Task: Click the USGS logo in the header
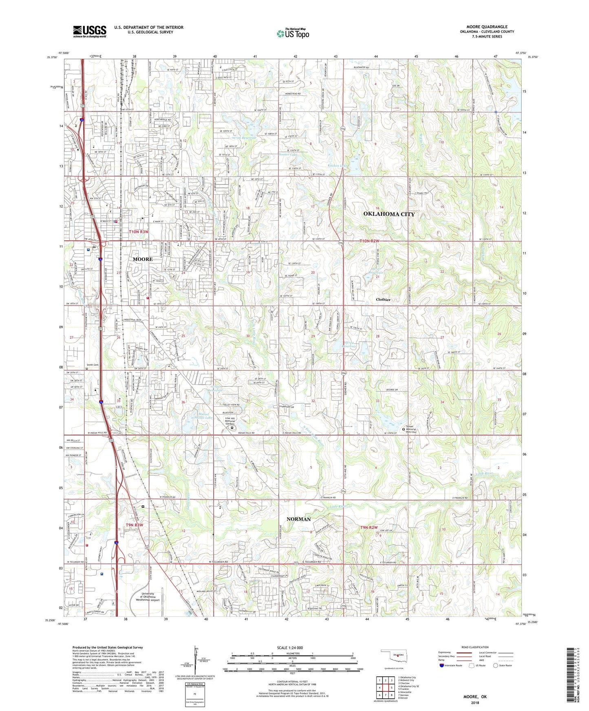90,31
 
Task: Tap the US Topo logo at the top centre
293,33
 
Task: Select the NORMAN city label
298,519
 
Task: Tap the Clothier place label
383,299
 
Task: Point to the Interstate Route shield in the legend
442,665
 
